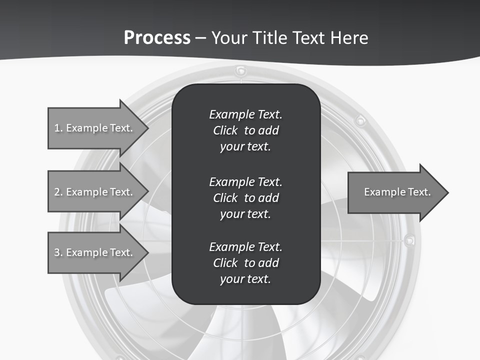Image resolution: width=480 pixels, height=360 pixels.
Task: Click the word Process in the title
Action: coord(157,37)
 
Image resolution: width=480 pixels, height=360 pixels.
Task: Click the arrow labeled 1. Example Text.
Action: coord(95,128)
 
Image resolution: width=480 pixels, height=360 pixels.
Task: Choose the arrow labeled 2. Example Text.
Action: coord(95,192)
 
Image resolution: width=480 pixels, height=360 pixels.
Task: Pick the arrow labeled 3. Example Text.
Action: coord(95,252)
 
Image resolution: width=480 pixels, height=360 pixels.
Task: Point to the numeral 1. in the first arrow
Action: coord(58,128)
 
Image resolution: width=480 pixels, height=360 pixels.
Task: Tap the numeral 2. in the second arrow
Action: coord(58,192)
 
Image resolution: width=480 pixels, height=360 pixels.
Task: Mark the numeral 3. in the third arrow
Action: coord(58,252)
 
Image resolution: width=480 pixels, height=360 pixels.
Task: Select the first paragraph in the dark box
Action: coord(245,130)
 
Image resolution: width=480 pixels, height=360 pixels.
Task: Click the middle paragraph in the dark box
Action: coord(245,197)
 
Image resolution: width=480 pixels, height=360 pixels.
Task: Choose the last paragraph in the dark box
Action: coord(245,262)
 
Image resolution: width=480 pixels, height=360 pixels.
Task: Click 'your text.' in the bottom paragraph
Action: coord(245,279)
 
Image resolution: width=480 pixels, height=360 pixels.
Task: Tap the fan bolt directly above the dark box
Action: coord(241,70)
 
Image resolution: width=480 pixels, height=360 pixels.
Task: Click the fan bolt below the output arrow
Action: coord(409,240)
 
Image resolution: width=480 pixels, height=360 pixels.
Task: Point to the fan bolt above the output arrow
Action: coord(359,120)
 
